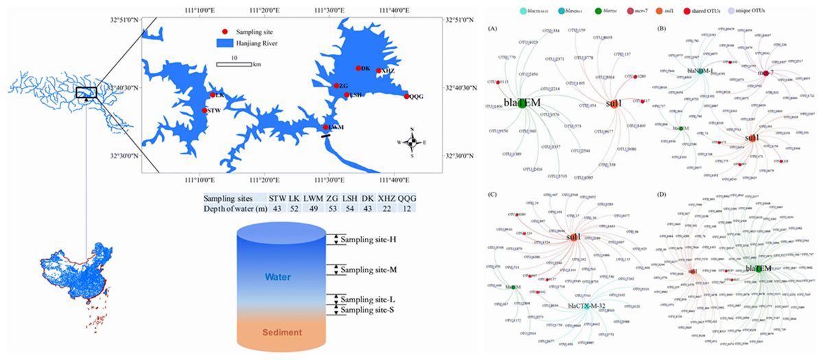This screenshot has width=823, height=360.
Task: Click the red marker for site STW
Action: point(204,110)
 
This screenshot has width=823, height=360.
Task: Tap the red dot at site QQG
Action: point(407,97)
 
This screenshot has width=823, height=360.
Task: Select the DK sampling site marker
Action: point(358,68)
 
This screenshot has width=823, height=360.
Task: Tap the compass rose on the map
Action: point(411,142)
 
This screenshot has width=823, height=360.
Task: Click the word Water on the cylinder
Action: point(280,277)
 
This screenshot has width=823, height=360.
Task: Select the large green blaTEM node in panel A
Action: point(523,104)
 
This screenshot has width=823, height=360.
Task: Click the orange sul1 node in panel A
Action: point(615,104)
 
